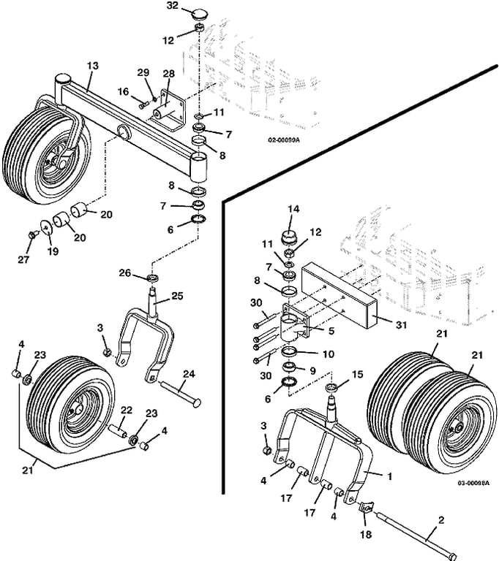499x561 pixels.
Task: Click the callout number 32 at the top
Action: click(x=173, y=6)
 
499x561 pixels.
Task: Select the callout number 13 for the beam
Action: click(x=92, y=66)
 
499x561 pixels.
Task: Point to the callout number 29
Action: click(x=143, y=72)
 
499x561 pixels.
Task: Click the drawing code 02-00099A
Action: click(x=284, y=140)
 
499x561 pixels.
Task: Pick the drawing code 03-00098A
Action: click(x=473, y=483)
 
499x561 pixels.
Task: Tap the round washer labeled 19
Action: click(x=46, y=226)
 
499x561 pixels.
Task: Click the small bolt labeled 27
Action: click(x=32, y=235)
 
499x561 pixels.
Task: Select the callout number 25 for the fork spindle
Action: click(x=177, y=296)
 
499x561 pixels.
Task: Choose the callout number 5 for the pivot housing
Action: click(x=331, y=331)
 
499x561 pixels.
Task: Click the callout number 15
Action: click(x=357, y=375)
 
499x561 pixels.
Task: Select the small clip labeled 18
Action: click(x=366, y=508)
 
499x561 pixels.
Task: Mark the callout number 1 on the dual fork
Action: click(x=390, y=476)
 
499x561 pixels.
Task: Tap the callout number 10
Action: click(x=329, y=354)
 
